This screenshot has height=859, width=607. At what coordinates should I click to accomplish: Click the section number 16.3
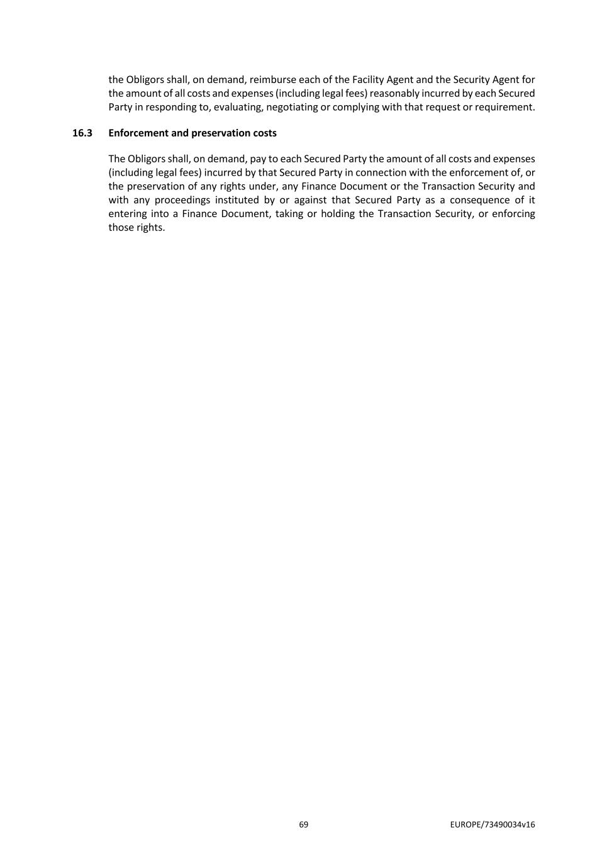(82, 133)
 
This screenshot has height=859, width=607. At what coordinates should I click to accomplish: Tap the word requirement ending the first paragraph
(506, 107)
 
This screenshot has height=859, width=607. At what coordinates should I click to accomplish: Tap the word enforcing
(515, 214)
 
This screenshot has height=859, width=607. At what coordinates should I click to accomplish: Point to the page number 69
(304, 824)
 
